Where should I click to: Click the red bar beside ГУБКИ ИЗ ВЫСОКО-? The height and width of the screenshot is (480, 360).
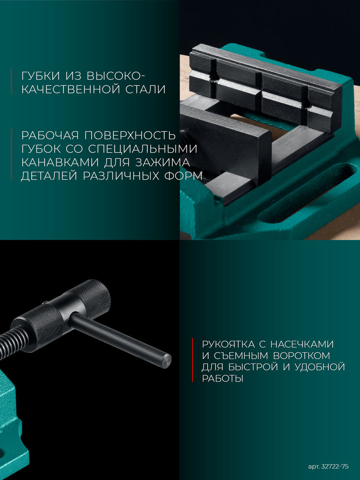(x=12, y=82)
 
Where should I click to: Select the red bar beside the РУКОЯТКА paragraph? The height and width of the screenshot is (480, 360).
(x=192, y=361)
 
